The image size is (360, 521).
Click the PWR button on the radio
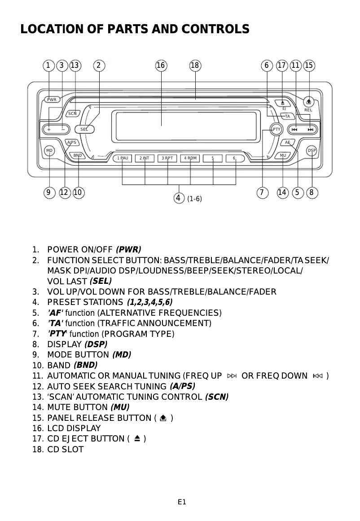coord(53,99)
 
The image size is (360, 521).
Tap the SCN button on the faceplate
coord(73,113)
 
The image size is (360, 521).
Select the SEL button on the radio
coord(84,129)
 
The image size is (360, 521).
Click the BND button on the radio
coord(78,155)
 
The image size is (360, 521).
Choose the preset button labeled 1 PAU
coord(122,158)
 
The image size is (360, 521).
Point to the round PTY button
coord(277,129)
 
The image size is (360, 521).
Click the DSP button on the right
coord(312,150)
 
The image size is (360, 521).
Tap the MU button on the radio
coord(283,155)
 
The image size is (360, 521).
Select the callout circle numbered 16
coord(161,66)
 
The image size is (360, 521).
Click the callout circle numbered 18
coord(195,66)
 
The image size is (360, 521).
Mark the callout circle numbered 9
coord(48,193)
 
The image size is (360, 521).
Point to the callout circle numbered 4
coord(179,198)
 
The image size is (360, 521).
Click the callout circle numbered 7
coord(261,193)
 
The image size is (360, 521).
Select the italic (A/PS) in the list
coord(182,386)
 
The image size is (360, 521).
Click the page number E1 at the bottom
coord(181,502)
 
